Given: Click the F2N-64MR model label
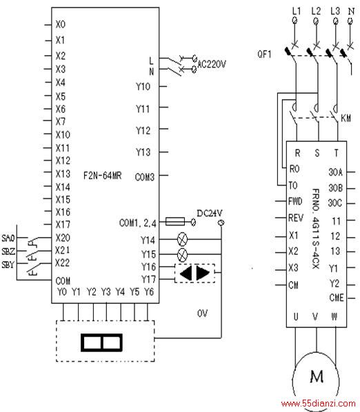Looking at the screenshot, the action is tap(102, 176).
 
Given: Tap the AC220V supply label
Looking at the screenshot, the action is tap(212, 64).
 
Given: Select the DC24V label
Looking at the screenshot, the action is tap(210, 213).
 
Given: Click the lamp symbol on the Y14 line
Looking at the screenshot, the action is tap(183, 239).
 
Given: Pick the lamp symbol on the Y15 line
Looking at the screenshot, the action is tap(183, 254).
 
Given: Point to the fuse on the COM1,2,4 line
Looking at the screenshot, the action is tap(175, 222).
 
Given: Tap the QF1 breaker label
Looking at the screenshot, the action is tap(264, 54).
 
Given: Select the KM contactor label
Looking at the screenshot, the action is tap(346, 118).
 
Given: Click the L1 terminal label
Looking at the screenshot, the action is tap(297, 11).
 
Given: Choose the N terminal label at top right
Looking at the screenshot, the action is tap(351, 11).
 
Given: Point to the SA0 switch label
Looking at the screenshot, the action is tap(8, 238).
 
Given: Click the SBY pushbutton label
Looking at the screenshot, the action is tap(8, 265).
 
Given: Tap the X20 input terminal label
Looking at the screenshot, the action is tap(63, 238).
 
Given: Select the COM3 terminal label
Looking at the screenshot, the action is tap(144, 177).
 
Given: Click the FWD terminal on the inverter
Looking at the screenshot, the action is tap(295, 202).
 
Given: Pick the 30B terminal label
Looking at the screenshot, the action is tap(336, 188).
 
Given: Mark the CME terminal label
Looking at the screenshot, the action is tap(337, 298).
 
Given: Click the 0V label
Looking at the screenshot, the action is tap(202, 313).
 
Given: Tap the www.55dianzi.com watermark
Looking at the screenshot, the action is tap(318, 403).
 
